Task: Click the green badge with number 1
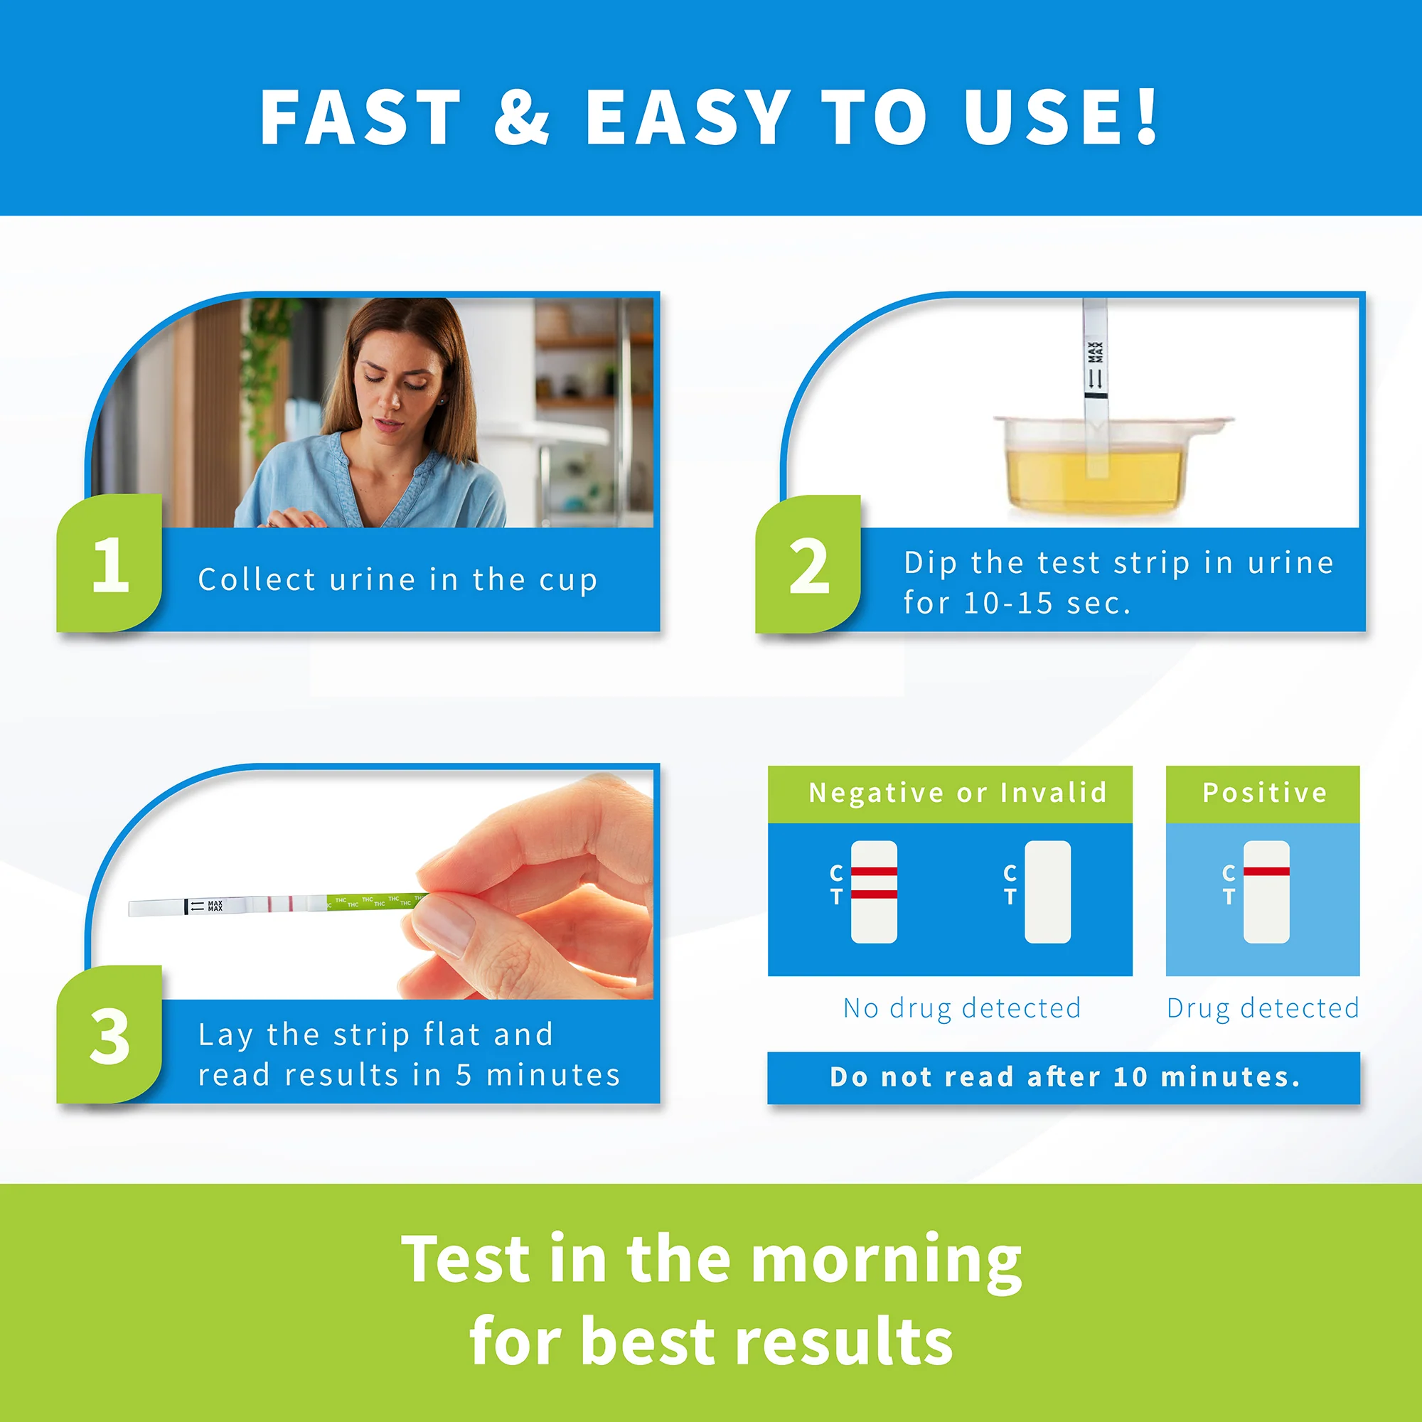(x=109, y=564)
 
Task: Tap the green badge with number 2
(x=808, y=565)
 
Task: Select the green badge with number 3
(x=109, y=1035)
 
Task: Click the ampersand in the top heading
(x=522, y=117)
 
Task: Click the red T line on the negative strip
(x=875, y=894)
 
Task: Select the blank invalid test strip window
(x=1048, y=892)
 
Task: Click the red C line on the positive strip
(x=1267, y=872)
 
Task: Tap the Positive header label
(x=1264, y=793)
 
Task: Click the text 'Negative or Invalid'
(x=958, y=793)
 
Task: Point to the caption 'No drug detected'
(x=962, y=1008)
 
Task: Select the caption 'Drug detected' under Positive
(x=1263, y=1008)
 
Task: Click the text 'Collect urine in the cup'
(x=397, y=580)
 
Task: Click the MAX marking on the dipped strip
(x=1095, y=353)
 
